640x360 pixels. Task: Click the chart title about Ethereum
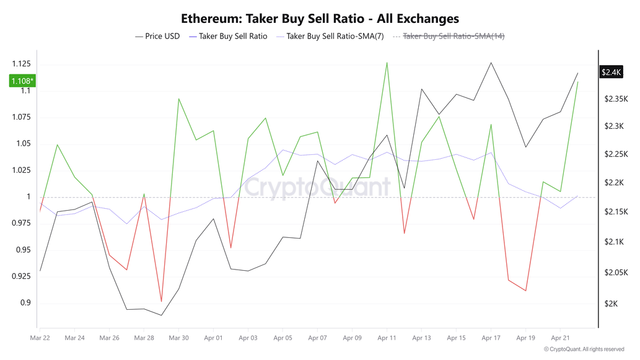click(x=320, y=19)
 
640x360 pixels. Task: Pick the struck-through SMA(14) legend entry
click(x=453, y=37)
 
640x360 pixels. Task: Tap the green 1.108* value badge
click(x=22, y=81)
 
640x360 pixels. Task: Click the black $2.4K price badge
click(x=611, y=72)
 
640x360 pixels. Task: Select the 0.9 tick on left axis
click(x=25, y=303)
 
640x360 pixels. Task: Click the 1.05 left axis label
click(x=23, y=144)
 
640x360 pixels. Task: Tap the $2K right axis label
click(x=612, y=304)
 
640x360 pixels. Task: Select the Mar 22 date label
click(x=40, y=338)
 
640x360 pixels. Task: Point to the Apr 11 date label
click(x=387, y=338)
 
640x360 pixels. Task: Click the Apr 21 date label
click(x=560, y=338)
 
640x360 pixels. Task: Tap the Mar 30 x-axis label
click(x=178, y=338)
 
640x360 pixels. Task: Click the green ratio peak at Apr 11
click(x=387, y=63)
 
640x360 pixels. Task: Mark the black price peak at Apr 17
click(x=491, y=63)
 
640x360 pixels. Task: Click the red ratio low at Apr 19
click(x=525, y=291)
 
